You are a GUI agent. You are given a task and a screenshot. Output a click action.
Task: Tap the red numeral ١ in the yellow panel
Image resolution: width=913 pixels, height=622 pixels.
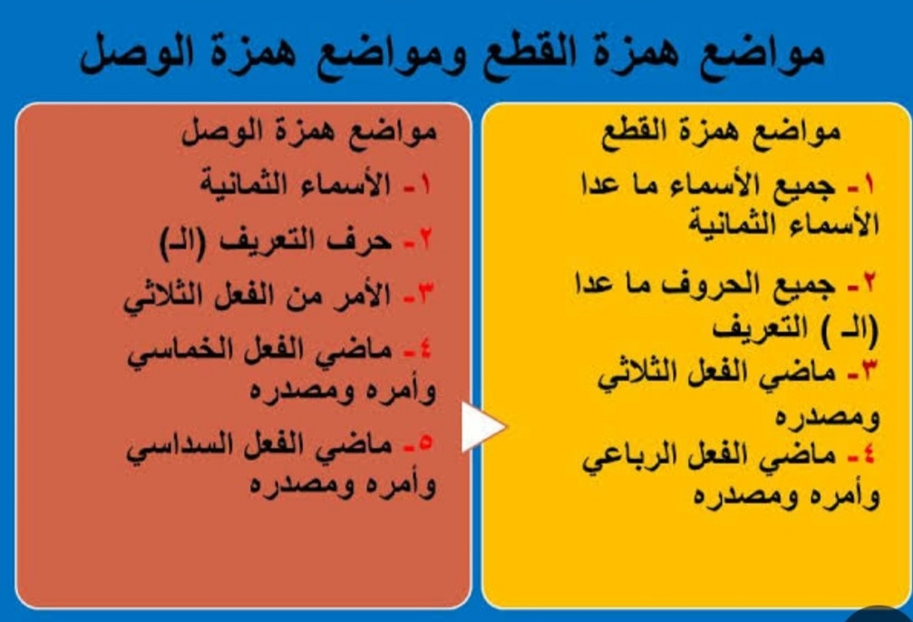(869, 186)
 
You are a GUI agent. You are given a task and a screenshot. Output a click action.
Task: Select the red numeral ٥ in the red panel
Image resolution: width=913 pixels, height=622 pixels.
(425, 443)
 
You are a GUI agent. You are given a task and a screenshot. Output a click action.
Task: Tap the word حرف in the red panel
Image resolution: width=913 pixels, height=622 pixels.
(361, 240)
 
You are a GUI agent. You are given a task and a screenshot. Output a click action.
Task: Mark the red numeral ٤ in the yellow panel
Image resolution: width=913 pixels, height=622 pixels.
(869, 454)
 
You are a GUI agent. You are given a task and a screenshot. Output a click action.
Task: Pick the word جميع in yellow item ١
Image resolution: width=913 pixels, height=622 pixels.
(803, 188)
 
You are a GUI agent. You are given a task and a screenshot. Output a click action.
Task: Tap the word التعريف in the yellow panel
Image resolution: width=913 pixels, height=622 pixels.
(761, 328)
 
